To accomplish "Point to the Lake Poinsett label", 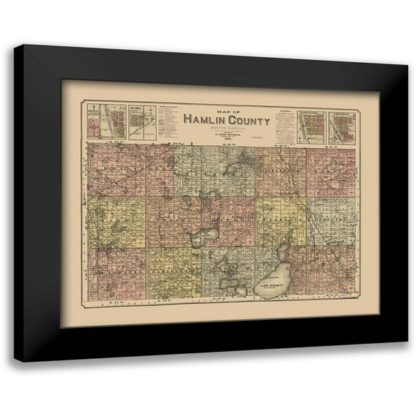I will (273, 287).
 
